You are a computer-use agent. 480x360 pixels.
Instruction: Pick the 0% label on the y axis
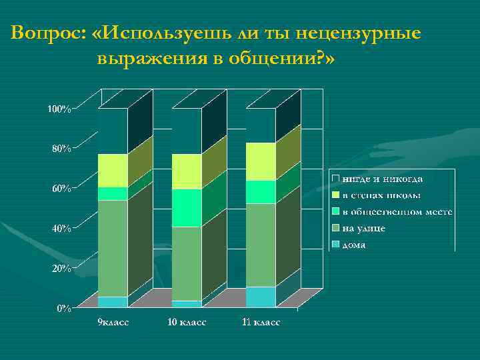(x=63, y=309)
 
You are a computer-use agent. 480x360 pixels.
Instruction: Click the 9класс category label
(x=113, y=322)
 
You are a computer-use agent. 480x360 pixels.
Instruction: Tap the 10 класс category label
(x=187, y=322)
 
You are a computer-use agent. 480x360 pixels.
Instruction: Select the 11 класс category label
(x=261, y=322)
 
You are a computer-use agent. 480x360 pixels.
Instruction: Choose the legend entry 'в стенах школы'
(x=381, y=195)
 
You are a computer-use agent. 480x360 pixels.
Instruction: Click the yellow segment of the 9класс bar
(x=113, y=171)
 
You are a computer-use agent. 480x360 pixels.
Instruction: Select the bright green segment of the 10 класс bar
(x=187, y=208)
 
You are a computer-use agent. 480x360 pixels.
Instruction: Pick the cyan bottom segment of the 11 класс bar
(x=261, y=297)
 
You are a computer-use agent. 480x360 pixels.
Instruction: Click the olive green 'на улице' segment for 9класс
(x=113, y=248)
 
